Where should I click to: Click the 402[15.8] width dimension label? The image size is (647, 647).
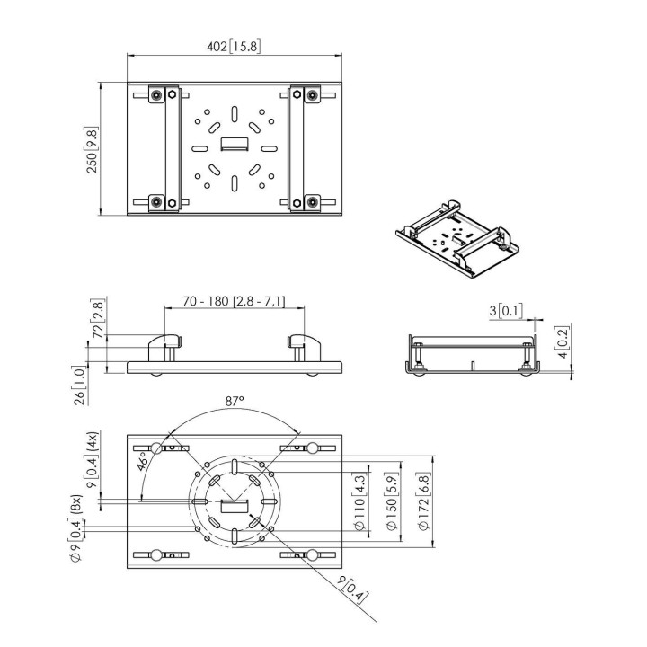pos(234,46)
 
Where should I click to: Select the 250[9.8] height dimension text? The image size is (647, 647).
pos(92,150)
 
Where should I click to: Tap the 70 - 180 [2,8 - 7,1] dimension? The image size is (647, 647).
pos(234,301)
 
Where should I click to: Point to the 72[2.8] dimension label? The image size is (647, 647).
pos(98,318)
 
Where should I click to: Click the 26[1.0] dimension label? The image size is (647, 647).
pos(79,385)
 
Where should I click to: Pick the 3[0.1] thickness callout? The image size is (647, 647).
pos(506,310)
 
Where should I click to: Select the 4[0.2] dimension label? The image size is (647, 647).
pos(563,341)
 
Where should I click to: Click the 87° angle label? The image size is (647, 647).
pos(235,401)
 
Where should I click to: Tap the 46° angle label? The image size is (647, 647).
pos(143,461)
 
